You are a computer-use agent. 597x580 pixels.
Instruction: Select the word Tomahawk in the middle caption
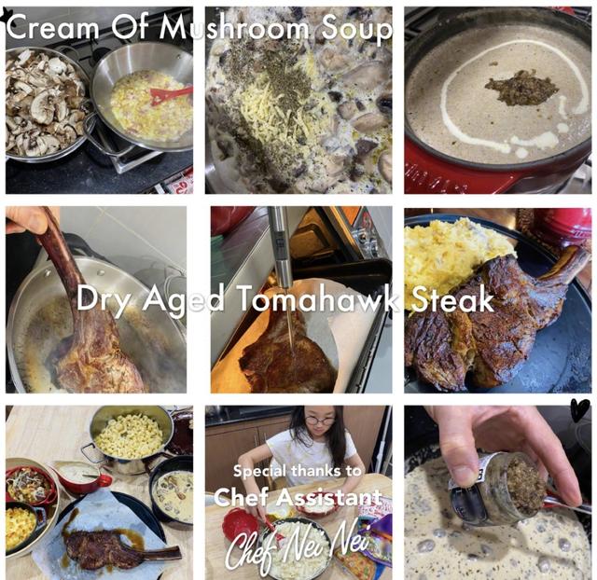click(x=318, y=299)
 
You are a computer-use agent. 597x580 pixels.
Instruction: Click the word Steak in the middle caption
click(x=452, y=299)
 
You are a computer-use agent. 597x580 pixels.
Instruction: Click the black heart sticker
click(x=580, y=410)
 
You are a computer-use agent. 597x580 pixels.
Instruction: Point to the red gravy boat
click(x=81, y=476)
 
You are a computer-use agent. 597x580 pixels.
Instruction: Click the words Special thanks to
click(x=297, y=471)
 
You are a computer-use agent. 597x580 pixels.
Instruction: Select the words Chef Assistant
click(x=298, y=496)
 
